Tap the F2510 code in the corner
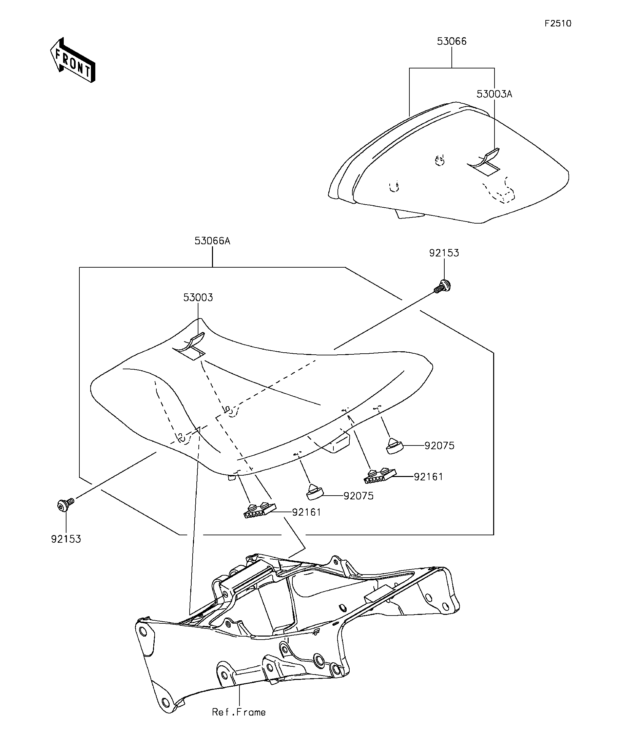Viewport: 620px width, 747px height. click(x=558, y=23)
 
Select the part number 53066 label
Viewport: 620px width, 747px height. click(x=451, y=42)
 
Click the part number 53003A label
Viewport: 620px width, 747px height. click(x=494, y=94)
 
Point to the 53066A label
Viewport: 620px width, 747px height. click(x=212, y=241)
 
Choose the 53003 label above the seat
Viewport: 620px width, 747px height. click(x=198, y=297)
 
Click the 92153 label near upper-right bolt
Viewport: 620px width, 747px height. click(x=444, y=253)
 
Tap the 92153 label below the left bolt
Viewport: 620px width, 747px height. click(x=66, y=539)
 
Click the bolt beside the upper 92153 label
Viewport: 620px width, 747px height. click(x=443, y=286)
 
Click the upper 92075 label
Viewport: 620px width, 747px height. click(x=439, y=446)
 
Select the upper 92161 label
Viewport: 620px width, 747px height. click(x=428, y=477)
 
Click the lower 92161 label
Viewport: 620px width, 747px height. click(x=306, y=512)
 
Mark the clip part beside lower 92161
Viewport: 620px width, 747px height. click(x=259, y=511)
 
